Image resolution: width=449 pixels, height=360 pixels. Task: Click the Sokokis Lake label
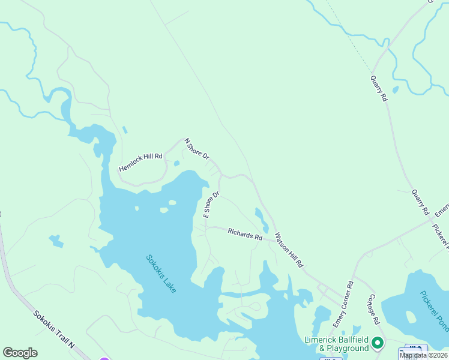[161, 274]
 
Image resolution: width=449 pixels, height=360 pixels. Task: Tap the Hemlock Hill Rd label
[141, 162]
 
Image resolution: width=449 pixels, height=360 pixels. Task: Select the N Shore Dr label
[196, 149]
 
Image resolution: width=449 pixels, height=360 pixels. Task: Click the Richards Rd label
[245, 234]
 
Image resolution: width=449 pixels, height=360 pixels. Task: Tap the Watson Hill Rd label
[289, 249]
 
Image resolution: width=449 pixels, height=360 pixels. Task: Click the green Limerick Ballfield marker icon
[378, 343]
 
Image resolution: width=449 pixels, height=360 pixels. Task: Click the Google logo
[20, 353]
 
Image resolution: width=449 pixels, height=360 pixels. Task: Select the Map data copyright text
[423, 355]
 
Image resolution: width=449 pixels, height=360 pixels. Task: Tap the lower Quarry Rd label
[420, 203]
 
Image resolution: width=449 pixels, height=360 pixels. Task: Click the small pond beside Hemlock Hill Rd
[176, 163]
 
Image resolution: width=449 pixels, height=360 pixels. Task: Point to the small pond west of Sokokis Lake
[56, 241]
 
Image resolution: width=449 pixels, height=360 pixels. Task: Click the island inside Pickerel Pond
[411, 316]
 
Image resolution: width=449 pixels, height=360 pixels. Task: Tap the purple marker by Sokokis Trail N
[104, 358]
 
